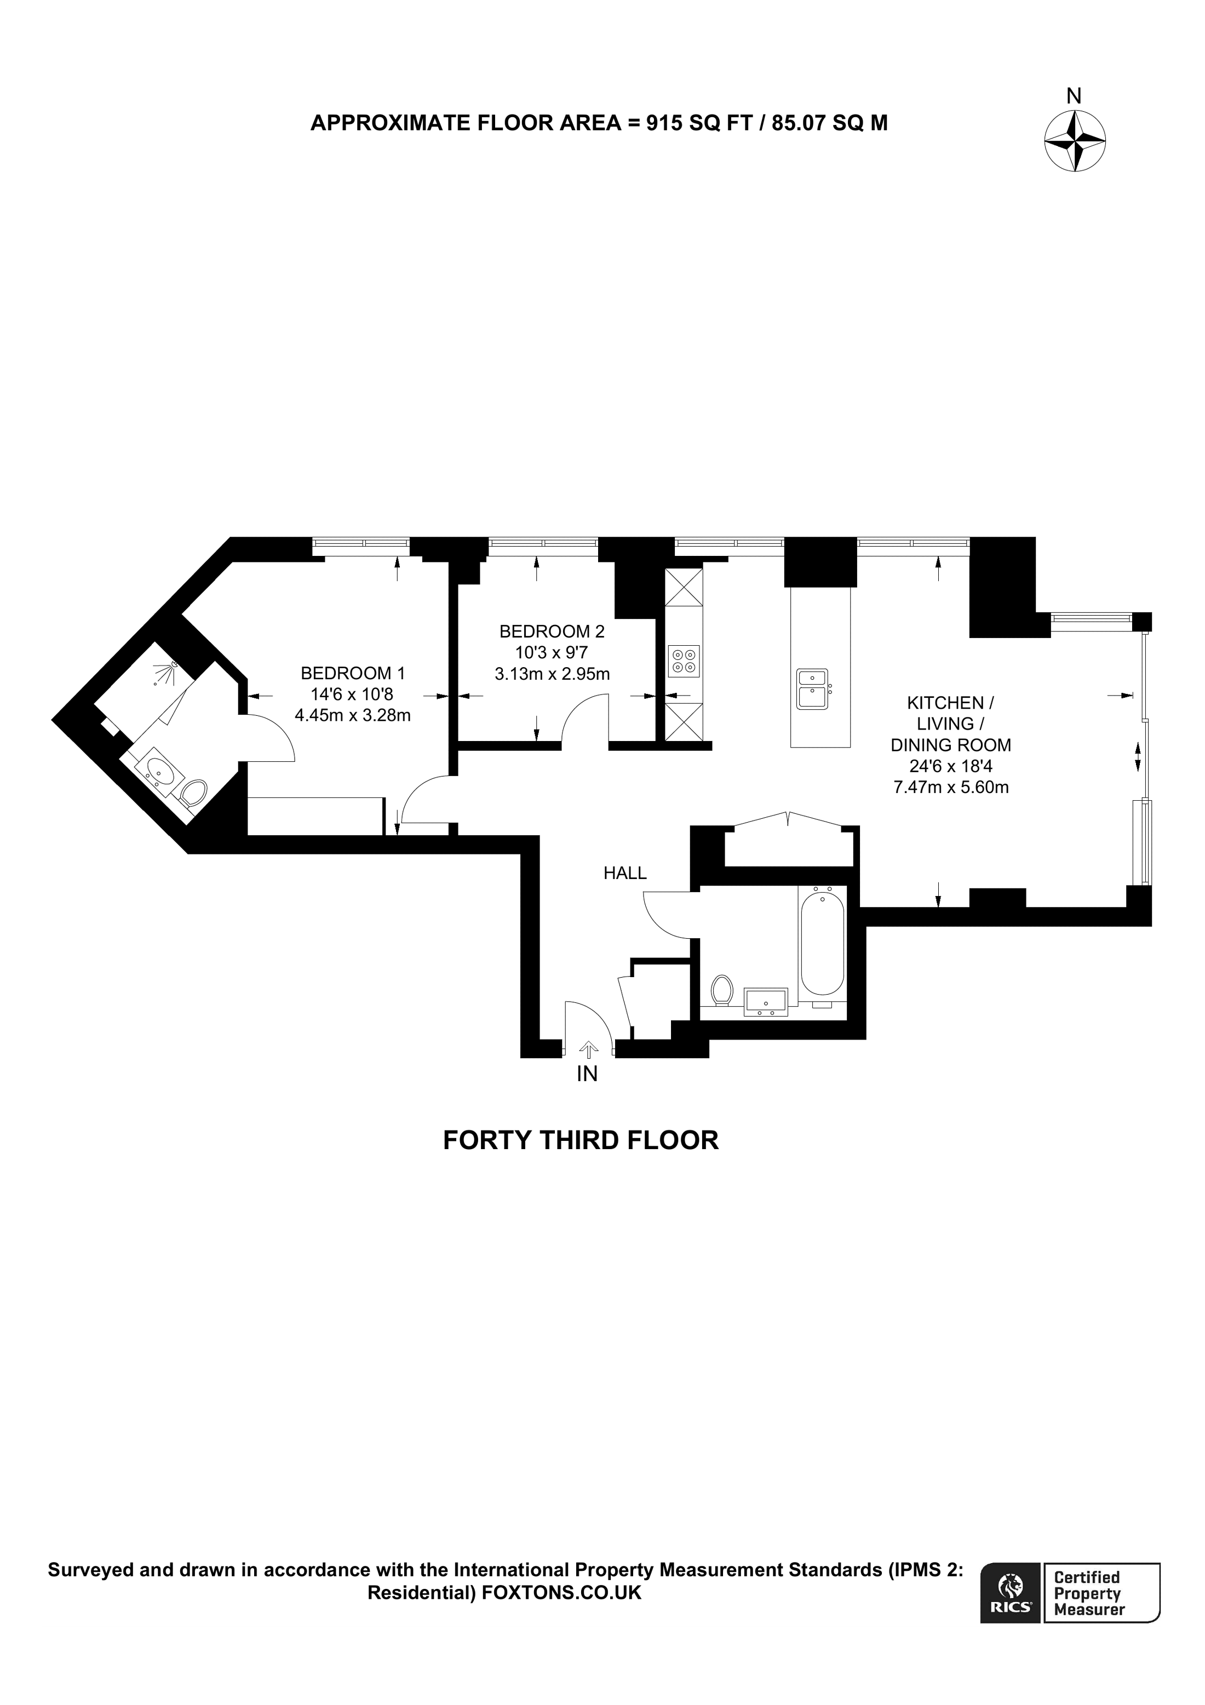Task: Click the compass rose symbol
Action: coord(1074,141)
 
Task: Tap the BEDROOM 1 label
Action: coord(353,674)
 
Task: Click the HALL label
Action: coord(624,873)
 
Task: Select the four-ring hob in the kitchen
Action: coord(684,661)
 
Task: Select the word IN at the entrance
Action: coord(587,1074)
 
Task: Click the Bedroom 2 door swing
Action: coord(583,718)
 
